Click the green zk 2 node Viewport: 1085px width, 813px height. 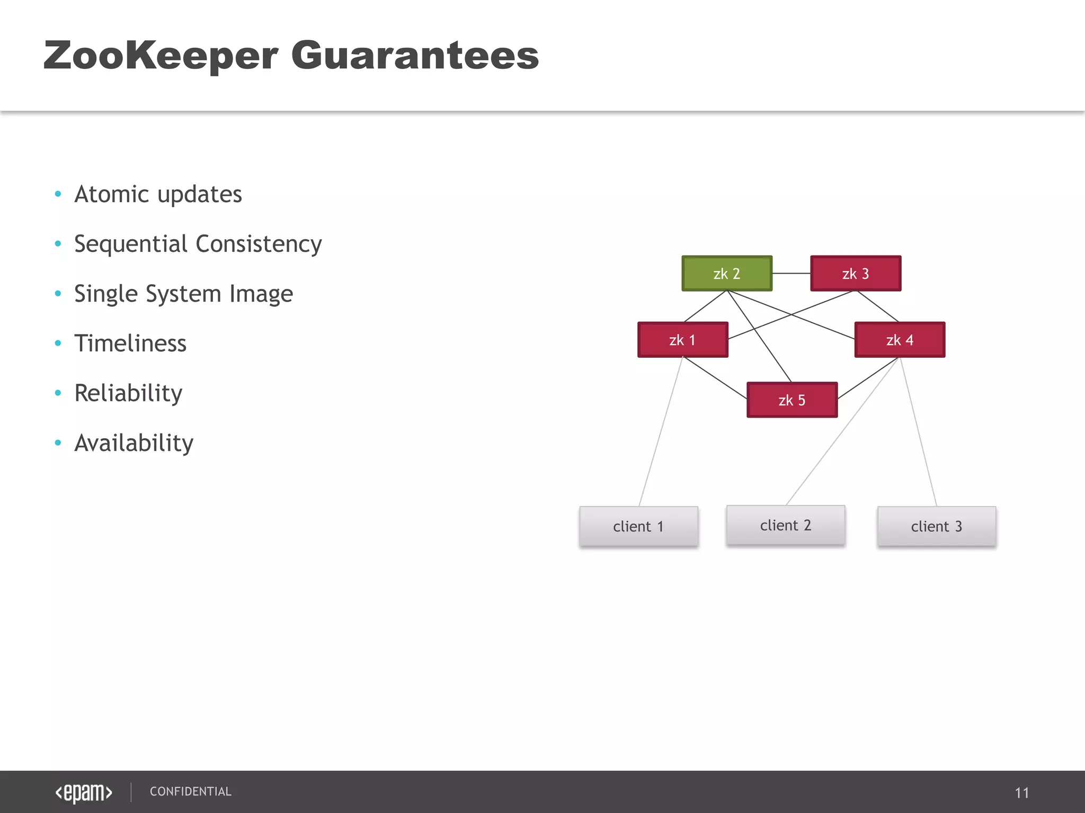726,274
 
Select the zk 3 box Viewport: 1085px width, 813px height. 855,274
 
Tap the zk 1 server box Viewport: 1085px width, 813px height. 682,340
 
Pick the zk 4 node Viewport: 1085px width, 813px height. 899,340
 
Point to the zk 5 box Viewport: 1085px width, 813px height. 791,400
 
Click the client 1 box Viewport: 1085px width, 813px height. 638,526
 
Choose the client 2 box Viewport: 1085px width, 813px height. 785,525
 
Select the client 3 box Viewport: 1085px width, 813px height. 936,526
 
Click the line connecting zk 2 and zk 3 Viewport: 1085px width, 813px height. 791,273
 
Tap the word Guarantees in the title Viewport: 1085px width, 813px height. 415,56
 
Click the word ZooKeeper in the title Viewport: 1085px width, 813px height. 161,56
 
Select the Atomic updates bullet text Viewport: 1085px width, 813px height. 158,194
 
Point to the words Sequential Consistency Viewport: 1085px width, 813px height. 198,244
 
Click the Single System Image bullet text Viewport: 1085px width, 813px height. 183,294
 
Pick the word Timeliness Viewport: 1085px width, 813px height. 130,344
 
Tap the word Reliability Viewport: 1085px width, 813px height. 128,393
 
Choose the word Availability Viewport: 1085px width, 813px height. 134,443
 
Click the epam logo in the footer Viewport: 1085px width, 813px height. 84,792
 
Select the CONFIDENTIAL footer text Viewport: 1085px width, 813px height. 191,791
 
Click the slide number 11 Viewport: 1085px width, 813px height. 1021,793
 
